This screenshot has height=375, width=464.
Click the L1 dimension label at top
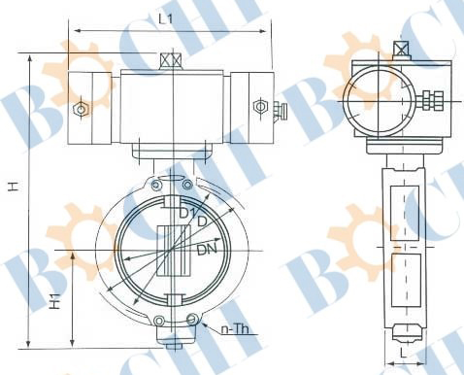pos(165,18)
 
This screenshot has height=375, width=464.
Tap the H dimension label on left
pos(14,187)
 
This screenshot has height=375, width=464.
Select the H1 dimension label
pos(55,301)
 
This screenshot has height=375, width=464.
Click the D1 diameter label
pos(187,213)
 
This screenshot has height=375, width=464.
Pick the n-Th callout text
pos(235,329)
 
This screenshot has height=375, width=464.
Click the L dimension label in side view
pos(403,354)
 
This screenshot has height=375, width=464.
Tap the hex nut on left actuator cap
pos(81,109)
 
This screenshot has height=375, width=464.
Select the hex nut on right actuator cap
pos(260,106)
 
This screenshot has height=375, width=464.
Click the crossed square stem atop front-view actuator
pos(171,60)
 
